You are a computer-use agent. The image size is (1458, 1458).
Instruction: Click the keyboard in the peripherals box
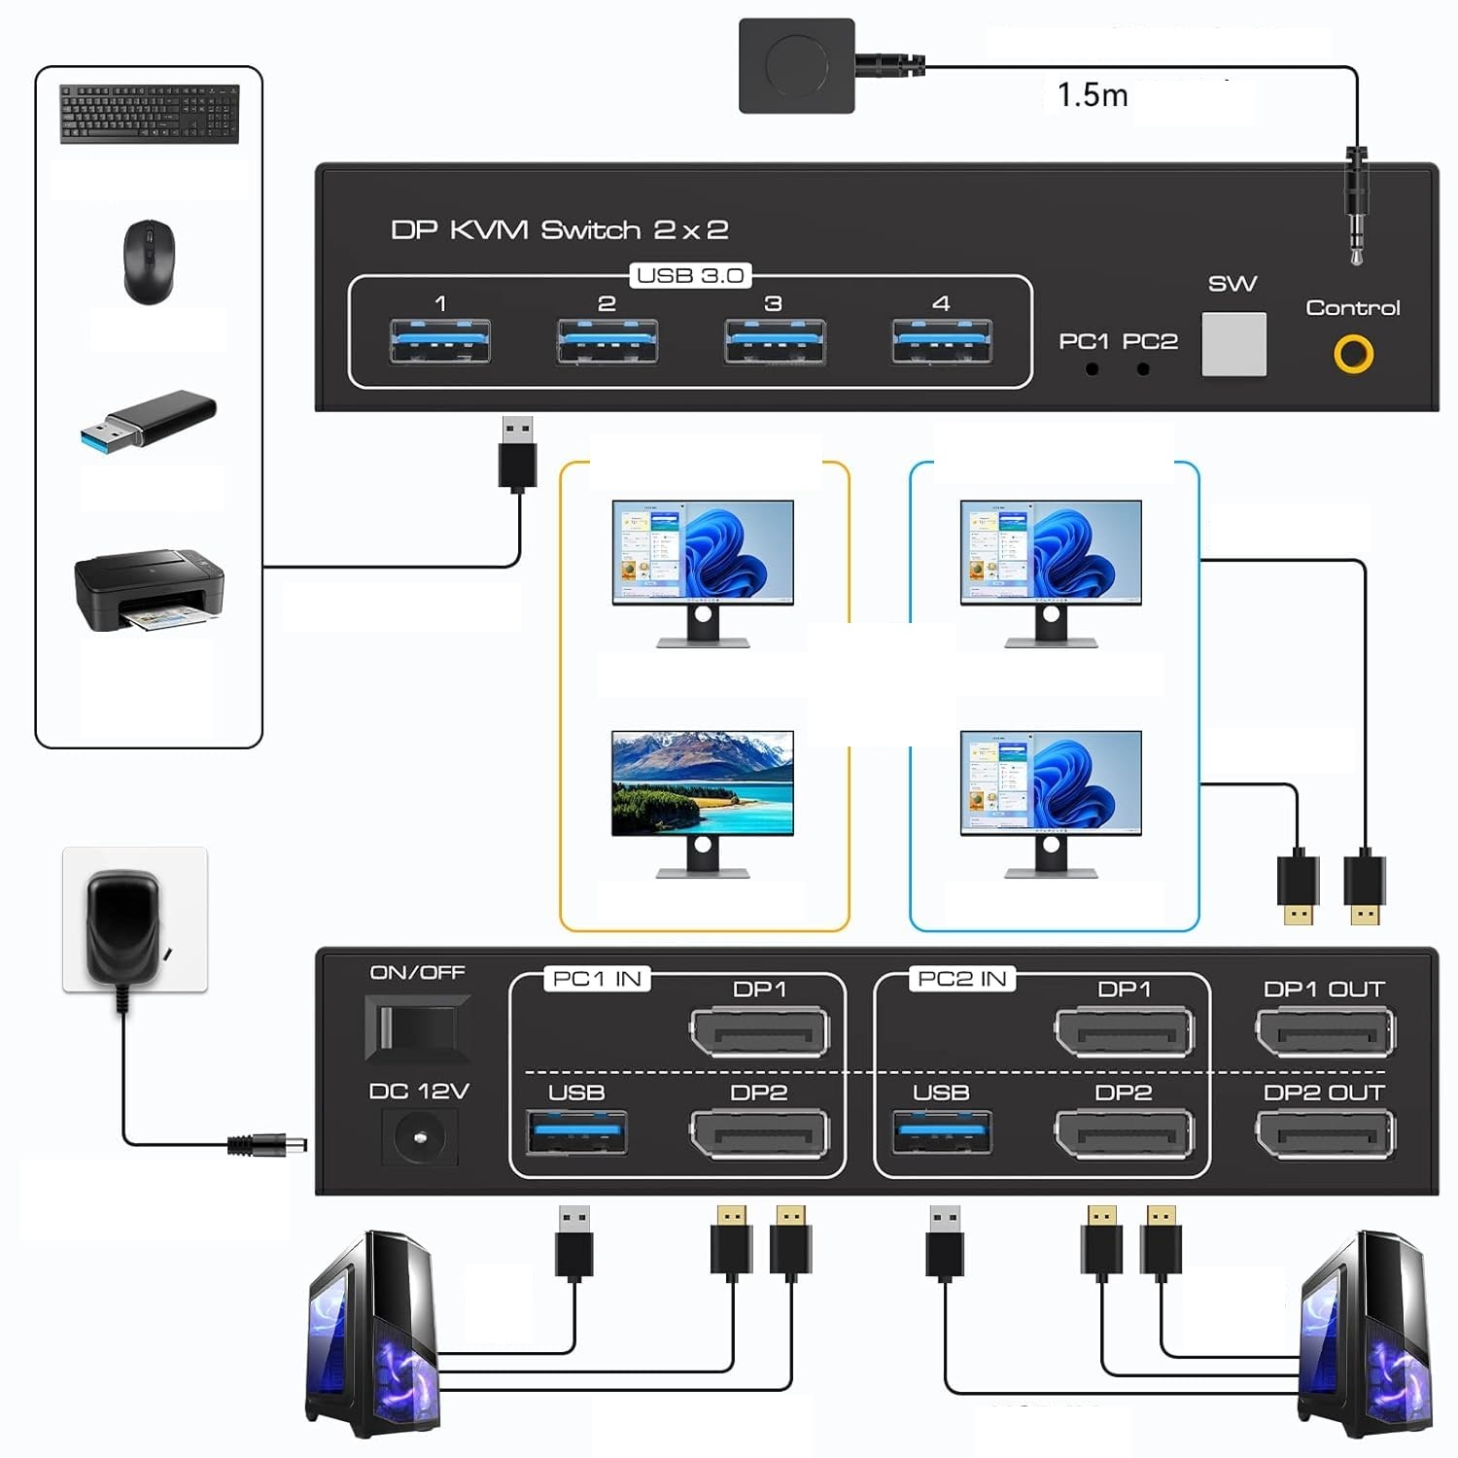pos(149,114)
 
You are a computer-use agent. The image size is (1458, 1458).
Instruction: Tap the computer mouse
pos(149,261)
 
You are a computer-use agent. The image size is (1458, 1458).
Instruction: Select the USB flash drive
pos(149,420)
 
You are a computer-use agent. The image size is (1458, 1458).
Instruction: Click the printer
pos(149,590)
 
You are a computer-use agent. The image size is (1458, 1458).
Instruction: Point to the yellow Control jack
pos(1353,354)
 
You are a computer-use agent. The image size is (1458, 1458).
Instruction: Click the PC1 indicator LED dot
pos(1093,369)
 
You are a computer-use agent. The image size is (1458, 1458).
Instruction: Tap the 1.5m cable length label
pos(1092,95)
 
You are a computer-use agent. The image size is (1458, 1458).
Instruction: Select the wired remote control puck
pos(797,66)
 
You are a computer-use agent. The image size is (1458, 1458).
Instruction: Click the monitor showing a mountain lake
pos(702,783)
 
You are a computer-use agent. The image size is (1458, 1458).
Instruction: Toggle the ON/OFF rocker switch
pos(417,1027)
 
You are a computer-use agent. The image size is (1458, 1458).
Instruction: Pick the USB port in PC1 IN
pos(576,1132)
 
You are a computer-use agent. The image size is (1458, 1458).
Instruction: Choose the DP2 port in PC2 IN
pos(1124,1134)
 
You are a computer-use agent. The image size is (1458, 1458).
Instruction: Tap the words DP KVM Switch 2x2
pos(559,230)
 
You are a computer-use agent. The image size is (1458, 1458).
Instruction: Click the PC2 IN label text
pos(961,979)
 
